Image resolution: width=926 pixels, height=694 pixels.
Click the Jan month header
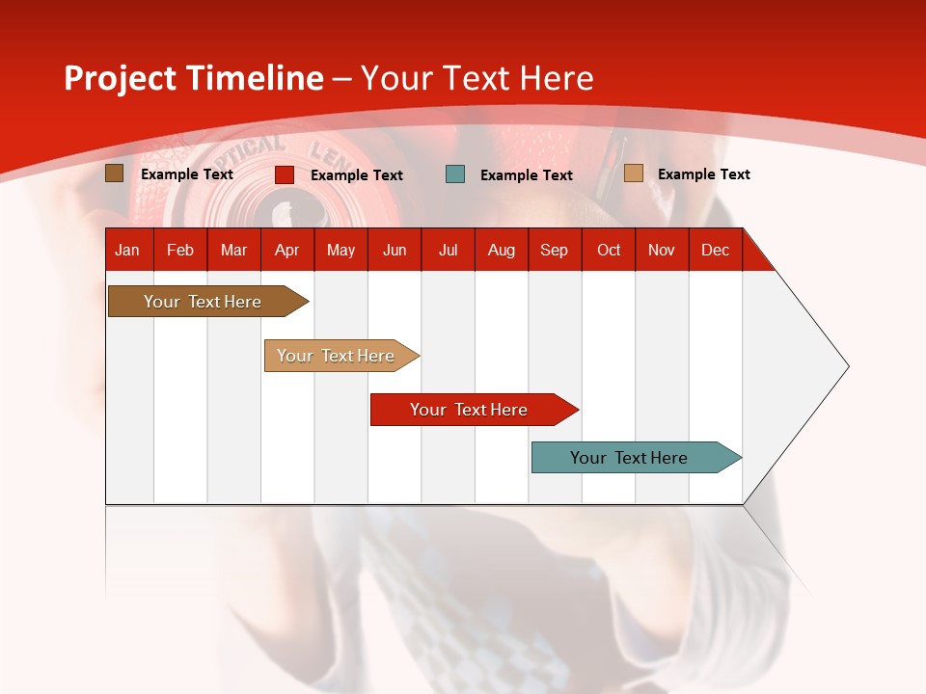(x=127, y=250)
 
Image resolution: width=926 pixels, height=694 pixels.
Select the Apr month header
(x=286, y=250)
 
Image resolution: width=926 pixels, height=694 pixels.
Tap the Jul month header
(x=448, y=250)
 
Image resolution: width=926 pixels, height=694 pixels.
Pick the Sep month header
(x=554, y=250)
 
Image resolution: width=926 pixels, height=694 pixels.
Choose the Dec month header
(x=715, y=250)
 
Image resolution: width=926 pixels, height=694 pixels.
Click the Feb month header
(x=180, y=250)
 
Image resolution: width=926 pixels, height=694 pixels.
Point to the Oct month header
(x=609, y=250)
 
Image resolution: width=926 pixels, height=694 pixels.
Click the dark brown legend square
(x=114, y=173)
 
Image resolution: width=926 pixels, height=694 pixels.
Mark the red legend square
(x=285, y=174)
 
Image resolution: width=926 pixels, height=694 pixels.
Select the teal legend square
(x=455, y=174)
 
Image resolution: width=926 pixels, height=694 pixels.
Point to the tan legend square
(x=633, y=173)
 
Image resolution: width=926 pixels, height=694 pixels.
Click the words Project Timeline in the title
(x=194, y=78)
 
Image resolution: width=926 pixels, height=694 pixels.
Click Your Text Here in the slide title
(x=477, y=78)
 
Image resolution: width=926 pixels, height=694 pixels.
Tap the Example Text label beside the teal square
(x=526, y=175)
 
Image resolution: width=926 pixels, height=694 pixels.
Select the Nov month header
(x=662, y=250)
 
